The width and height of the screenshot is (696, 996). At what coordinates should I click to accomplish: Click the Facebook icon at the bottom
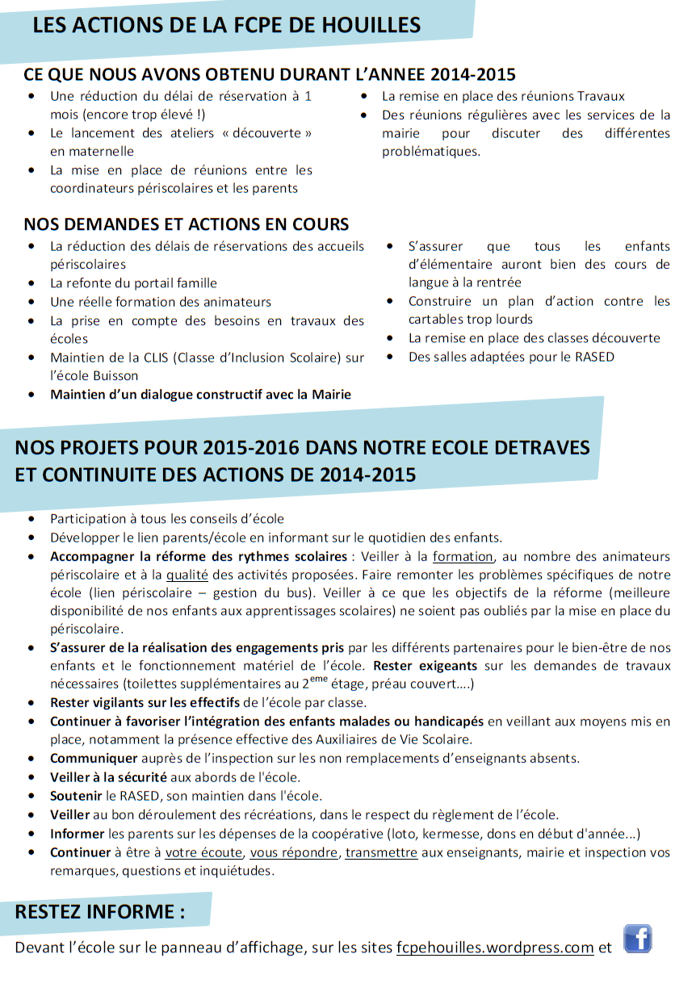coord(637,940)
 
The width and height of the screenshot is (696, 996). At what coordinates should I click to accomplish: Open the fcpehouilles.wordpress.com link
coord(495,948)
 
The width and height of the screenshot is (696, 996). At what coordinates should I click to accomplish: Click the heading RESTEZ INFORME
coord(100,912)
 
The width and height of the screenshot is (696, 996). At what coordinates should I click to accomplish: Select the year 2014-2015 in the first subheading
coord(473,75)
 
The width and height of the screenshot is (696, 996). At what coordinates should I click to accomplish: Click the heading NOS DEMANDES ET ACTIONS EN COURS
coord(187,224)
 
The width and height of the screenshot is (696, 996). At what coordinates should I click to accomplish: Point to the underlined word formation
coord(463,556)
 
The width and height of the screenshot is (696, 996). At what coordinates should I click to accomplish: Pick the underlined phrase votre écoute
coord(203,852)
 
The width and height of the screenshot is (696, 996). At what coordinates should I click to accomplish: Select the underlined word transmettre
coord(381,852)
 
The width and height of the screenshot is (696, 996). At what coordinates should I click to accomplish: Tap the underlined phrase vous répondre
coord(294,852)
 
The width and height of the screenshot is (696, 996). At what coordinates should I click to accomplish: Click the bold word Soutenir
coord(77,796)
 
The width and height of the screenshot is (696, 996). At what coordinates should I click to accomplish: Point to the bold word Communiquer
coord(94,759)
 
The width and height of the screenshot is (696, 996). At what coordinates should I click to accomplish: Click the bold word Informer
coord(78,833)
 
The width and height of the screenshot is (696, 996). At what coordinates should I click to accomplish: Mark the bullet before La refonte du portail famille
coord(31,283)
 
